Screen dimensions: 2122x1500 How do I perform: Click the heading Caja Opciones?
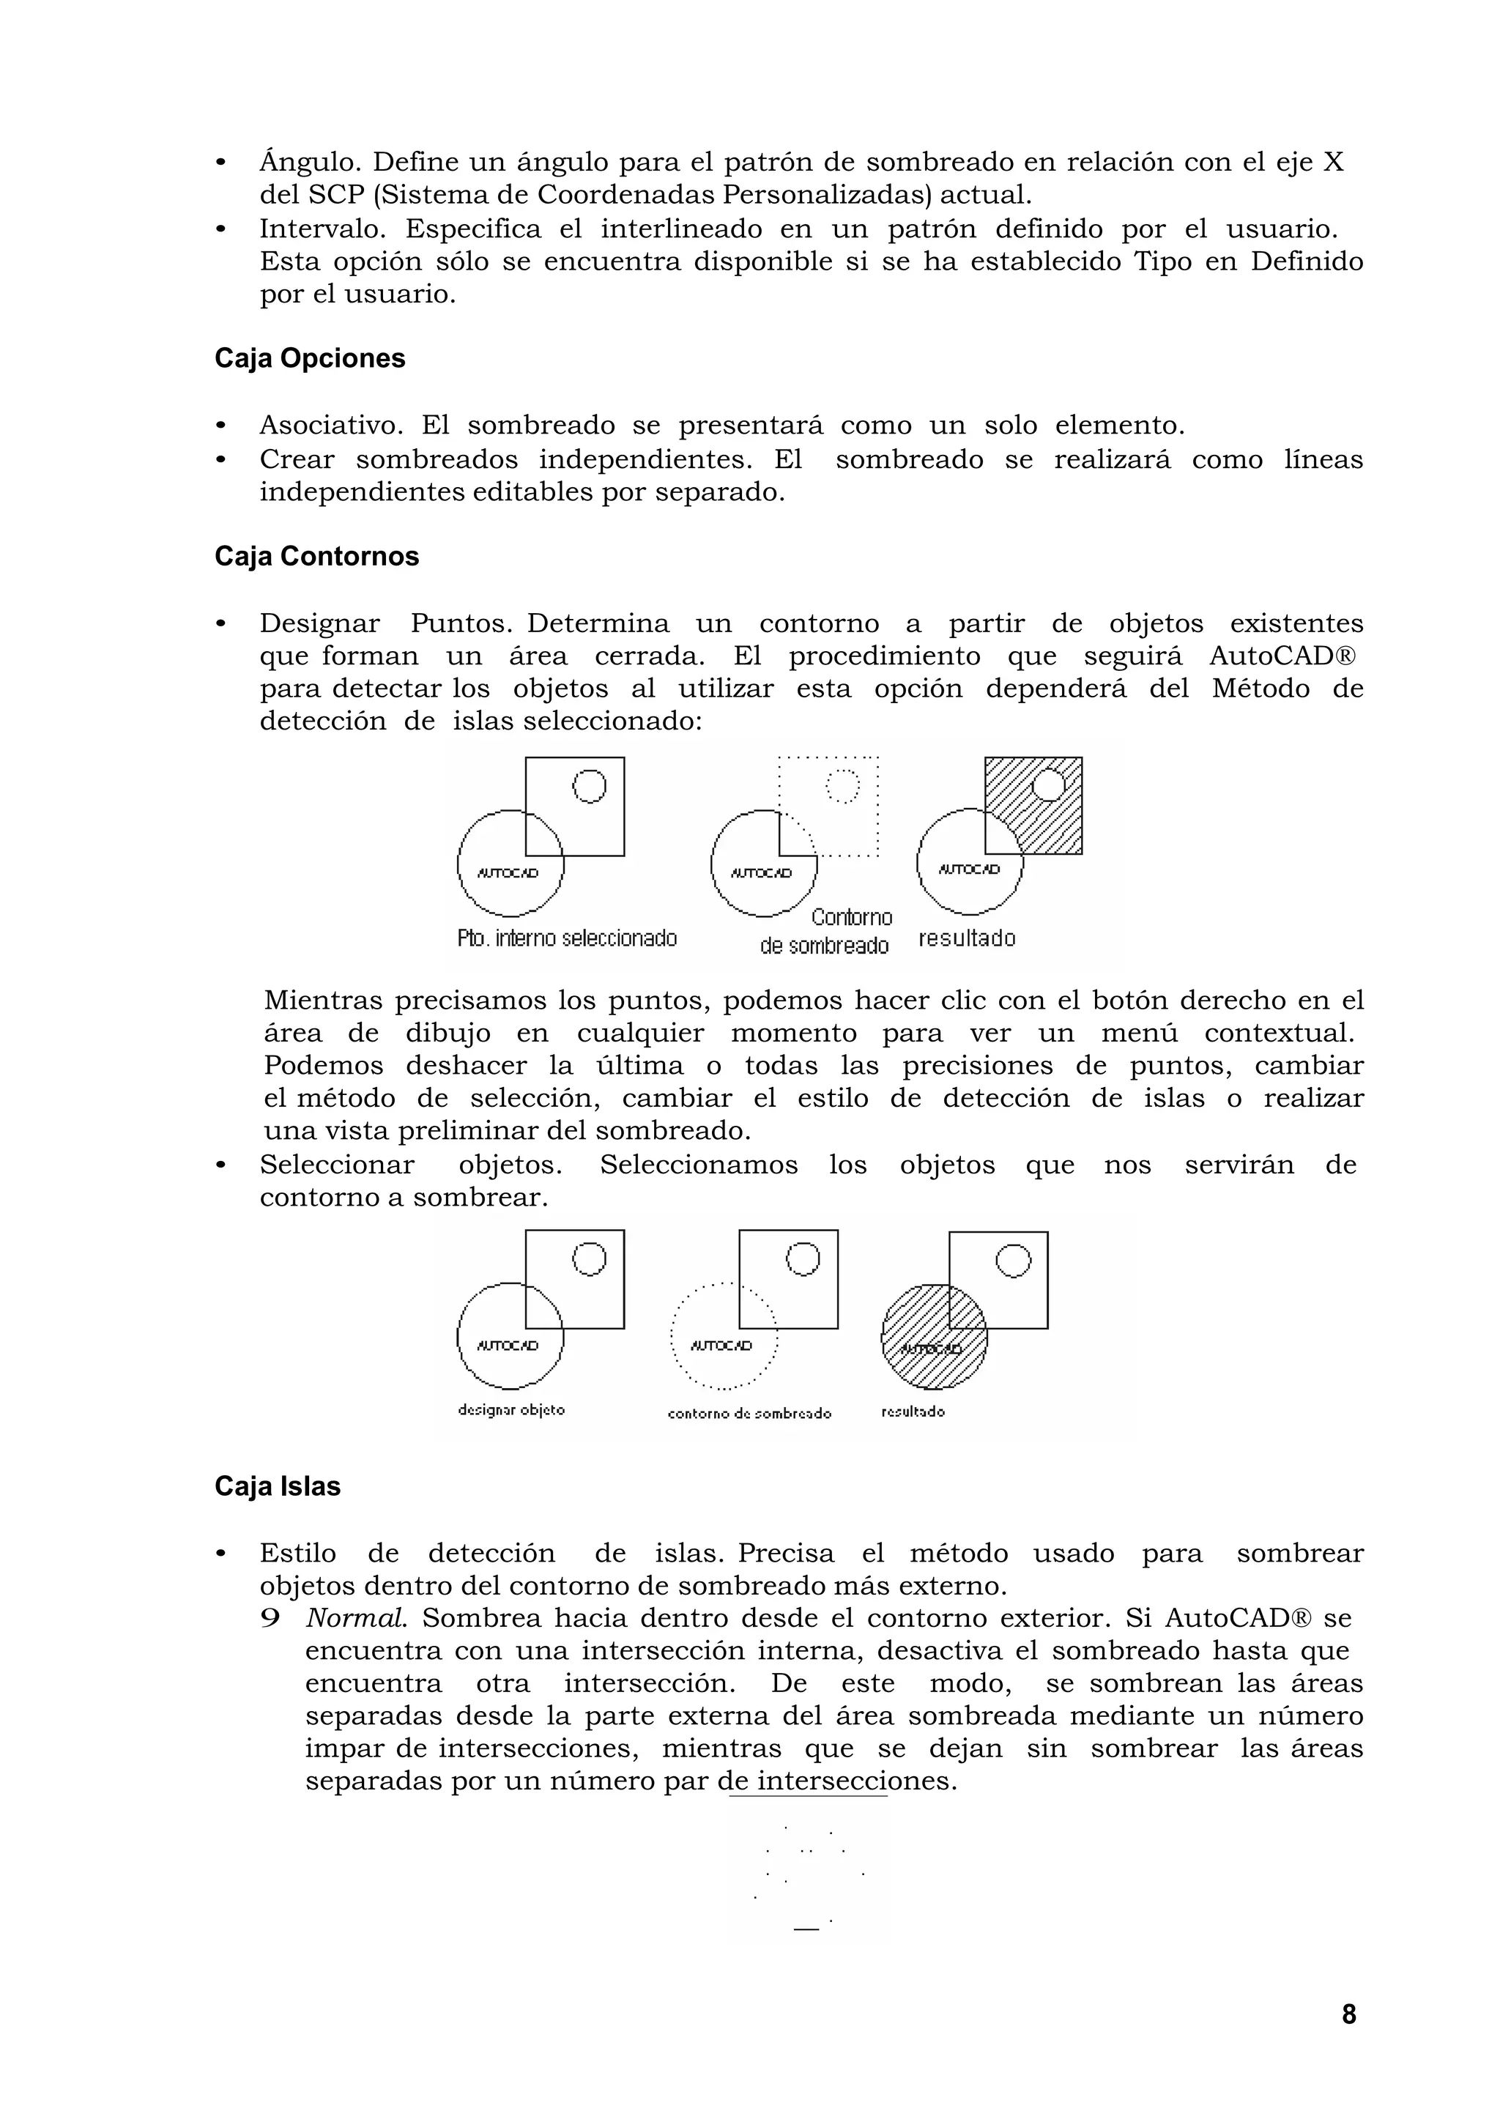[310, 359]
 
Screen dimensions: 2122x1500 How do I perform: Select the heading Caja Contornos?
[316, 557]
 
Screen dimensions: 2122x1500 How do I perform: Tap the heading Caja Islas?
[278, 1486]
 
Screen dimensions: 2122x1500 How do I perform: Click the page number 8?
[1348, 2014]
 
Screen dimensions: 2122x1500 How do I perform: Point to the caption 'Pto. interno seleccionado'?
[567, 939]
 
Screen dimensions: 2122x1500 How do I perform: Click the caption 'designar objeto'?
[511, 1410]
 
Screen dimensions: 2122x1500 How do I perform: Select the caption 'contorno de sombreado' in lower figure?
[749, 1414]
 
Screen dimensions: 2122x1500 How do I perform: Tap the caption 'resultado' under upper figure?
[967, 939]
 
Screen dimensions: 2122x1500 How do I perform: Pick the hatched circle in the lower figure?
[933, 1338]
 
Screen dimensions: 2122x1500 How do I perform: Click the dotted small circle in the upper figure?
[841, 787]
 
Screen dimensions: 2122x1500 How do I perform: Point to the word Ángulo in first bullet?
[310, 163]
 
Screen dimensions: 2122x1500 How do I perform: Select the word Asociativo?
[330, 426]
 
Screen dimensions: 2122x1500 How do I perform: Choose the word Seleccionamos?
[698, 1165]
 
